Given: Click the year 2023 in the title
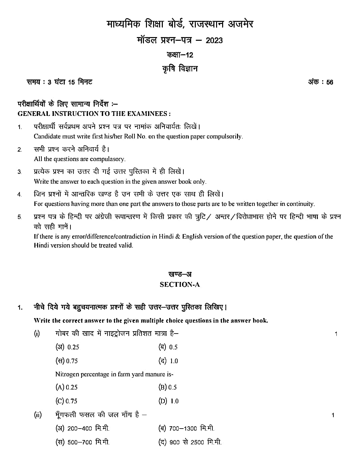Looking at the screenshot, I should tap(214, 40).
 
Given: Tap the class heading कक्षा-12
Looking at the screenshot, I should tap(180, 55).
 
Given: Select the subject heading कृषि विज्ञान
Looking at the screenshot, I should tap(180, 69).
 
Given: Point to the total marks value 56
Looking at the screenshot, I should tap(329, 82).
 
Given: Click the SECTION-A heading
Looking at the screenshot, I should tap(180, 285).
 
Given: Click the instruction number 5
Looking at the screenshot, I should tap(20, 217).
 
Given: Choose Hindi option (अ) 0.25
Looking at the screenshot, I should tap(67, 347).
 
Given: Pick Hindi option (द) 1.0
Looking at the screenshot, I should tap(168, 361).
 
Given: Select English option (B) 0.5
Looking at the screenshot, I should tap(168, 387).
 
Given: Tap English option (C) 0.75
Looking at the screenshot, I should tap(66, 401).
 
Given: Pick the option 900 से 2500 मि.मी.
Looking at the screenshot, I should tap(190, 442).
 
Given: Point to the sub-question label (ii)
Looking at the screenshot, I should tap(37, 415).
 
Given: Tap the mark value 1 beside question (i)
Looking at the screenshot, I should tap(336, 334).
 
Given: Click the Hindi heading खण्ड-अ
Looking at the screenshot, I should tap(180, 274).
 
